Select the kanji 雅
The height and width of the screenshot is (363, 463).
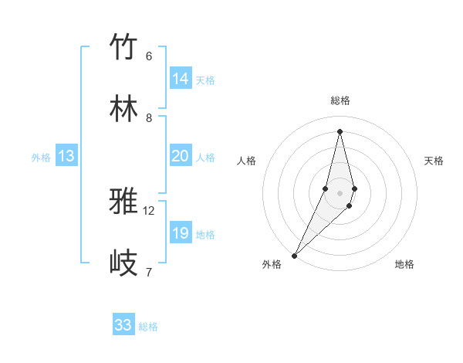[124, 202]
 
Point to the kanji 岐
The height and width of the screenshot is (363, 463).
[124, 263]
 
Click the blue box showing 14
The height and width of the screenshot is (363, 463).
[181, 79]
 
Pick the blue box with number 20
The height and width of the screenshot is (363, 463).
[180, 156]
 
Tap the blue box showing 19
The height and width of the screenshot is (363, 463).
[180, 233]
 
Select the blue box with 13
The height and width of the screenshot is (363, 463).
[66, 156]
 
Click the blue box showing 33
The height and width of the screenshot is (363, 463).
[123, 325]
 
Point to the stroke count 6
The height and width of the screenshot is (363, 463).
[148, 56]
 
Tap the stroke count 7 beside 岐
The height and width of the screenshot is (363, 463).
[148, 272]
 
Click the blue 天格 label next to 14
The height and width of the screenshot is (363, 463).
[205, 80]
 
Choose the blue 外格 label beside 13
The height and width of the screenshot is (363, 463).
[41, 158]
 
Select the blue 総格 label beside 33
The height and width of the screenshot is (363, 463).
[148, 327]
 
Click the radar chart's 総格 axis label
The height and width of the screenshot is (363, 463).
[340, 100]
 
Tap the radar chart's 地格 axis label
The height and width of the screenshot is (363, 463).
[404, 264]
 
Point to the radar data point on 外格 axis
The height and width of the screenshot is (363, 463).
[295, 255]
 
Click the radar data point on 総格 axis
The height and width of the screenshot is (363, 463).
[340, 131]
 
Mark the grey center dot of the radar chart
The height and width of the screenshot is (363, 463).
[340, 193]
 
